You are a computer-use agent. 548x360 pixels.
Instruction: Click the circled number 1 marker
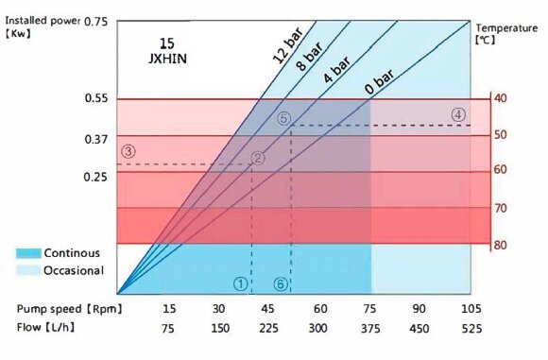pos(241,283)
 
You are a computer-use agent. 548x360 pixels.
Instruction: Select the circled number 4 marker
pos(458,114)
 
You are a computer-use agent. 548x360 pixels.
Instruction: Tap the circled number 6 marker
pos(281,283)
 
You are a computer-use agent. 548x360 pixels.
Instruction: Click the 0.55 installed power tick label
pos(96,99)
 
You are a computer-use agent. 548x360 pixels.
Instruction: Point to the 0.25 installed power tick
pos(96,177)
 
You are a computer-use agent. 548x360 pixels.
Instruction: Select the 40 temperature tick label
pos(500,99)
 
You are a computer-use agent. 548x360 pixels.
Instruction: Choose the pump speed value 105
pos(470,309)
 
